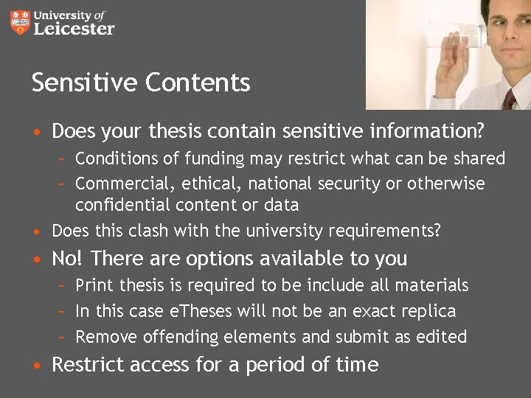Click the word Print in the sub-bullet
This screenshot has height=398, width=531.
coord(94,285)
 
